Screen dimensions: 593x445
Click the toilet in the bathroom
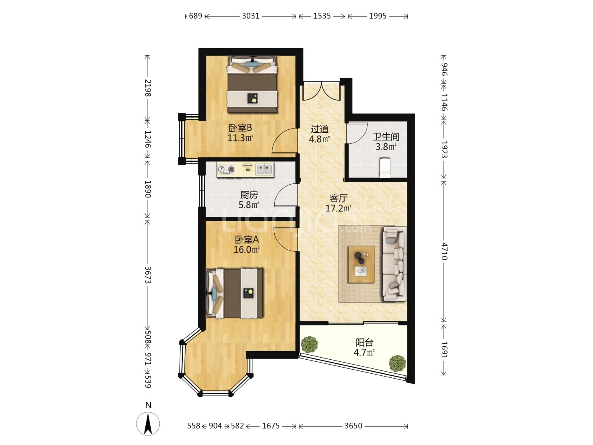point(385,168)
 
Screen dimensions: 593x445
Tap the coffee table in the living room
point(361,264)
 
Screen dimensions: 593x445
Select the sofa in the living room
point(395,264)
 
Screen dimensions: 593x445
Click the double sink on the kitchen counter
point(264,169)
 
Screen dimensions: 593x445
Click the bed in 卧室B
point(252,84)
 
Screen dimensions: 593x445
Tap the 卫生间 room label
point(386,137)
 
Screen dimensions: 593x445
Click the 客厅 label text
point(338,198)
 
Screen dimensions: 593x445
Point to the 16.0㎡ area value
point(246,249)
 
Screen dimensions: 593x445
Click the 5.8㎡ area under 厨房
point(249,205)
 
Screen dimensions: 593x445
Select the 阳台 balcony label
point(364,342)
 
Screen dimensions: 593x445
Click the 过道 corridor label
point(319,129)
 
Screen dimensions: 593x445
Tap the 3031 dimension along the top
point(250,16)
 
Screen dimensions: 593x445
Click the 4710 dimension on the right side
point(444,251)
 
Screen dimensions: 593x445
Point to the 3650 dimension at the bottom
point(353,426)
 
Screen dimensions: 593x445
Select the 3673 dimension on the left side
point(148,275)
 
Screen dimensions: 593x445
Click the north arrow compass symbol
point(148,424)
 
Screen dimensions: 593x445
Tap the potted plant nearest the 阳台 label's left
point(310,344)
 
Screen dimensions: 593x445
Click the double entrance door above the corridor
point(321,91)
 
